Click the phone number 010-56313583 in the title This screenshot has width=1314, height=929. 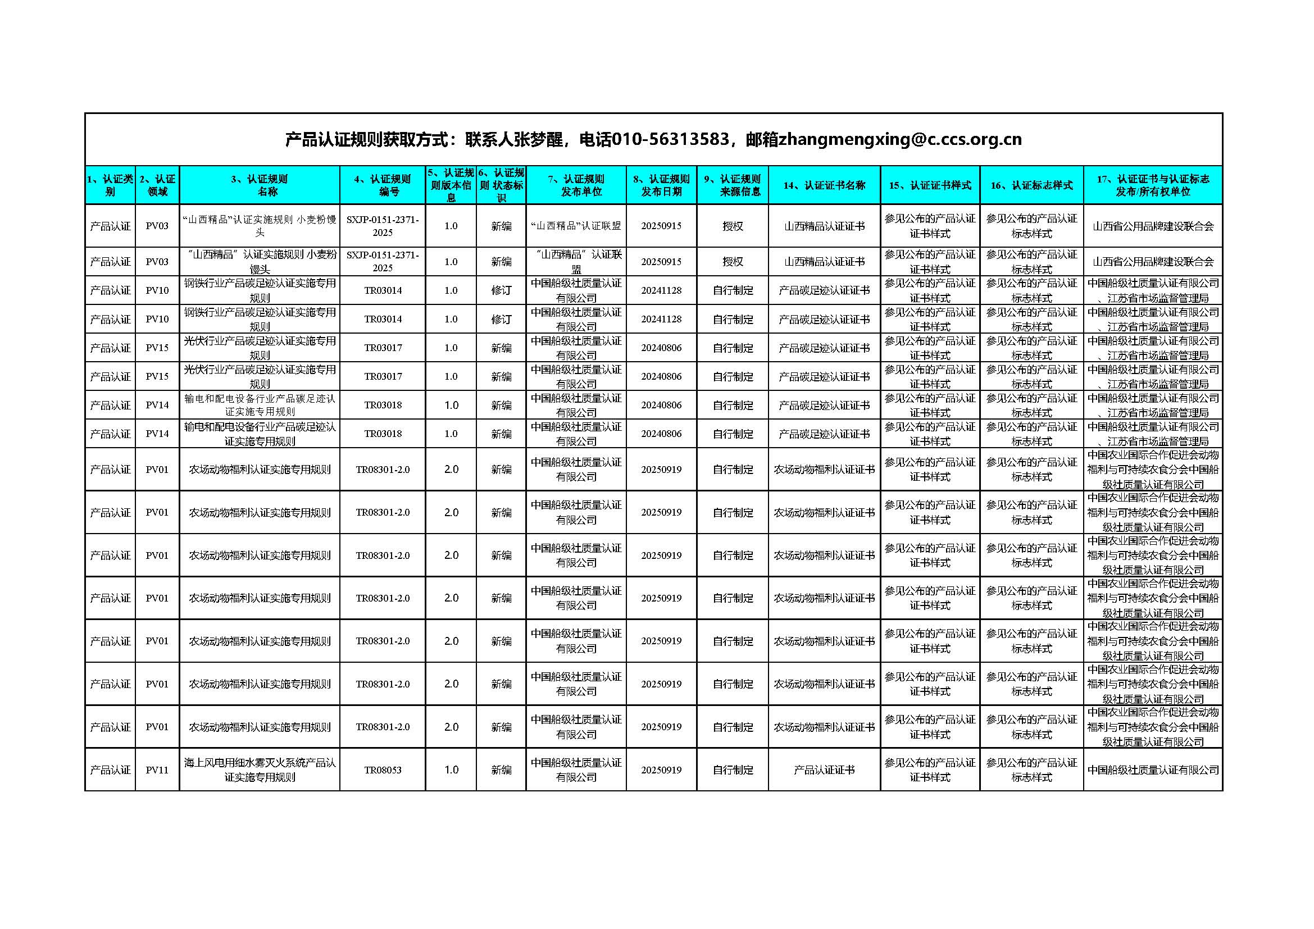670,139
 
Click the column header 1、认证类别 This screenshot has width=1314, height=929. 110,185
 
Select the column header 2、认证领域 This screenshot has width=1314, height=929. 157,185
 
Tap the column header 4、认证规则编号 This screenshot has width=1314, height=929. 383,185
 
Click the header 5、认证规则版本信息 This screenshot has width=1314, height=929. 451,185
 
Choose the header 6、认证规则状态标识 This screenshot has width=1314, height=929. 501,185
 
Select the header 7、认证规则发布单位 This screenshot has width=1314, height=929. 576,185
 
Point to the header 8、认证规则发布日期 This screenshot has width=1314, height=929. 662,185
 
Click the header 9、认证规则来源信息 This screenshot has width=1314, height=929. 733,185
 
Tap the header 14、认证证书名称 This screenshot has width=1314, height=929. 824,185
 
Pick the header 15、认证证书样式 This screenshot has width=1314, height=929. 930,185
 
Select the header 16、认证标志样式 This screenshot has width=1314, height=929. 1031,185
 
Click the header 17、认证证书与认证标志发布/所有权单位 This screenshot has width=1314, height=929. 1153,185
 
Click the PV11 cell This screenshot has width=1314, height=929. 157,770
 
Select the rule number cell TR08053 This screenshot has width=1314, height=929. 383,770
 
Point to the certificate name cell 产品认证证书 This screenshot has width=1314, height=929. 824,770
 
